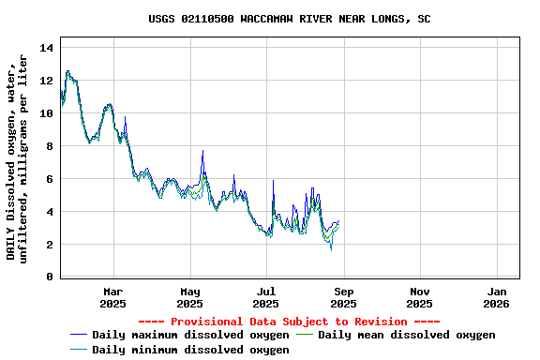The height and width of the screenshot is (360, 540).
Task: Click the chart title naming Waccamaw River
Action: (x=290, y=19)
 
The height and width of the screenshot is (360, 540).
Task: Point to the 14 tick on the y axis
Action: (x=47, y=48)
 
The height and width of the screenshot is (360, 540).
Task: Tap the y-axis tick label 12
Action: (x=47, y=81)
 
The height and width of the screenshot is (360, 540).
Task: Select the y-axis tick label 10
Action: (x=47, y=113)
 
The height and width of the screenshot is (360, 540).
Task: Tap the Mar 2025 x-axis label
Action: (x=113, y=297)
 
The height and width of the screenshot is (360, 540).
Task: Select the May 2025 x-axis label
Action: (x=190, y=297)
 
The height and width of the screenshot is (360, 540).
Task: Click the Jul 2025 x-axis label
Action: (x=266, y=297)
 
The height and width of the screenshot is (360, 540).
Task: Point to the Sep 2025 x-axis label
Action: (x=343, y=297)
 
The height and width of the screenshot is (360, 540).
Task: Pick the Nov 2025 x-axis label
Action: (x=420, y=297)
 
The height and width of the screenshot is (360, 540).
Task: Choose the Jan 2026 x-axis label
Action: (x=497, y=297)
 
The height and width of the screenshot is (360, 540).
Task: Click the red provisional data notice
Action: (x=289, y=322)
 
